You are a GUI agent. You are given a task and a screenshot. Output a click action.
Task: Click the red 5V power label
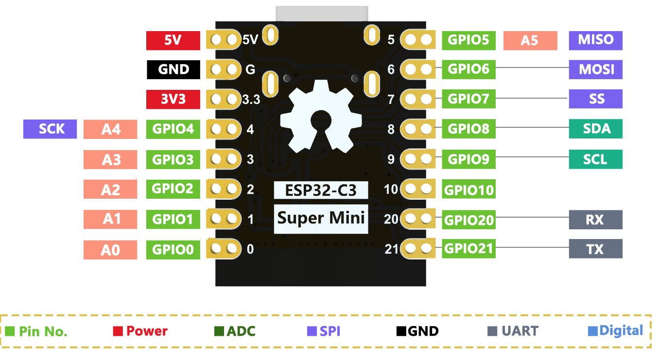[x=173, y=40]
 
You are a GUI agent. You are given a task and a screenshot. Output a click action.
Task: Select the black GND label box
[x=173, y=69]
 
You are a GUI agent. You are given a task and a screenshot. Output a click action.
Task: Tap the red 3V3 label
[x=173, y=100]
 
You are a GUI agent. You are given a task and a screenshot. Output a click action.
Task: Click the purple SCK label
[x=50, y=129]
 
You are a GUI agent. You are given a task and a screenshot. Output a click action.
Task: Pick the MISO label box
[x=595, y=40]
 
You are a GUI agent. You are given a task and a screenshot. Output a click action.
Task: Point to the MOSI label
[x=595, y=69]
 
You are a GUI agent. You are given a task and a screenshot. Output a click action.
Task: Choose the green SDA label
[x=595, y=129]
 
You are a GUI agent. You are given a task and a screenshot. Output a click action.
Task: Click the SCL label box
[x=595, y=159]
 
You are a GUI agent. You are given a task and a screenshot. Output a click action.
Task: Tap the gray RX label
[x=595, y=220]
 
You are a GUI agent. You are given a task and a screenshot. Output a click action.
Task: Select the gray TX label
[x=595, y=249]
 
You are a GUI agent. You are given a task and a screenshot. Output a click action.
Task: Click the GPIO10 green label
[x=469, y=189]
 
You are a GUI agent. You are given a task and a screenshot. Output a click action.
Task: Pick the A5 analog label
[x=530, y=40]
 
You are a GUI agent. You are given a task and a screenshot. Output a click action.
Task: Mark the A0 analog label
[x=110, y=250]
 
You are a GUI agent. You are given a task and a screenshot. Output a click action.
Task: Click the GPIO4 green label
[x=173, y=129]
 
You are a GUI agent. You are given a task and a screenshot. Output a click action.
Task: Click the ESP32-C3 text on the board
[x=321, y=190]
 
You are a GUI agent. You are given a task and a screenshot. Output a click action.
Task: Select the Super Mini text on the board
[x=321, y=218]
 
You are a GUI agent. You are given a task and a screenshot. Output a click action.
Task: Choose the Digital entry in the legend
[x=616, y=331]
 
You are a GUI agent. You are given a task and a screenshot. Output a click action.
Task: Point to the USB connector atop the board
[x=322, y=14]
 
